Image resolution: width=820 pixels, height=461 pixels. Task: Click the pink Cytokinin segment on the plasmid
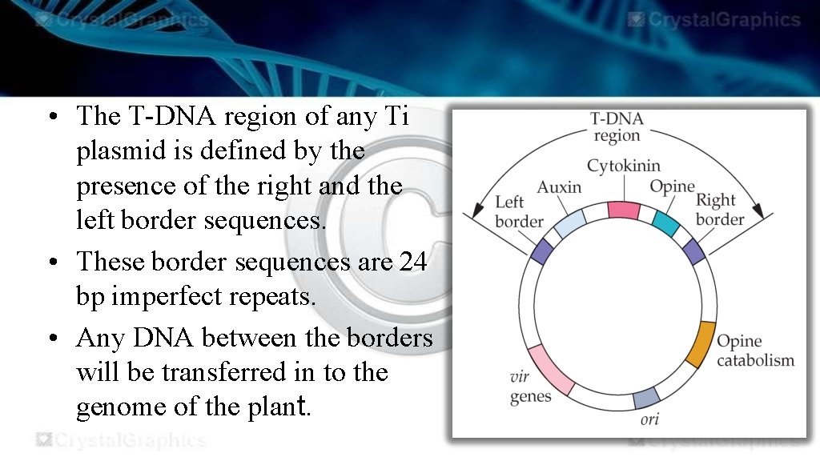[x=623, y=210]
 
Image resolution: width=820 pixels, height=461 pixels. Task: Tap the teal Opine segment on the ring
[x=665, y=222]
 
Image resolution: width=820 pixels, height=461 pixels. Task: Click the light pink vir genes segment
[x=550, y=370]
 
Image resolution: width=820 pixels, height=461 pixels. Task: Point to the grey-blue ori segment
[x=646, y=397]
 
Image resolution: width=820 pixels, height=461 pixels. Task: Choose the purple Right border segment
[x=693, y=251]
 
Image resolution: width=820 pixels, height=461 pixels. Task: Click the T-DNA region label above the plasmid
[x=617, y=126]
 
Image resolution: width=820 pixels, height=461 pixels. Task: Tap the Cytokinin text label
[x=624, y=166]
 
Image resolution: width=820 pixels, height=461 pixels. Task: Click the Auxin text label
[x=559, y=187]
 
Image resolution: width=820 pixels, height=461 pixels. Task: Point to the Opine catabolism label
[x=755, y=351]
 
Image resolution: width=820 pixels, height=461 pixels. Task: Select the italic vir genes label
[x=530, y=387]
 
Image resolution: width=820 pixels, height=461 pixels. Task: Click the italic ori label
[x=649, y=419]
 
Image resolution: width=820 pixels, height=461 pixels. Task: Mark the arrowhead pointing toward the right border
[x=766, y=212]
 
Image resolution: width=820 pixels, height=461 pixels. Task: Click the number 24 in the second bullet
[x=412, y=262]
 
